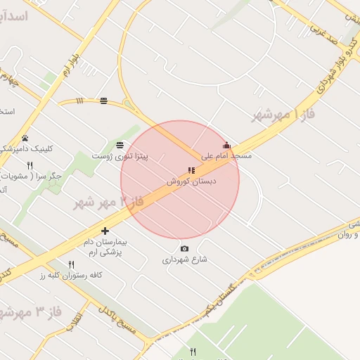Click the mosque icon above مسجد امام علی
point(226,146)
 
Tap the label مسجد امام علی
point(226,155)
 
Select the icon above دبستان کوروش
point(191,171)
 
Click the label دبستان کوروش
point(191,181)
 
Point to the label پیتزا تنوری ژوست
point(122,155)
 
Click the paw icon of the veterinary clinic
point(25,139)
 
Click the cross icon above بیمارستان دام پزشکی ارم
point(105,231)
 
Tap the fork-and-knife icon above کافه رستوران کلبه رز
point(72,264)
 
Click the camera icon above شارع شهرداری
point(184,249)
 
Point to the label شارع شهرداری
point(186,259)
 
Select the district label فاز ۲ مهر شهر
point(108,203)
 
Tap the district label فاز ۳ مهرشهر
point(28,310)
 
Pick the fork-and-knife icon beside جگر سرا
point(30,166)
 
